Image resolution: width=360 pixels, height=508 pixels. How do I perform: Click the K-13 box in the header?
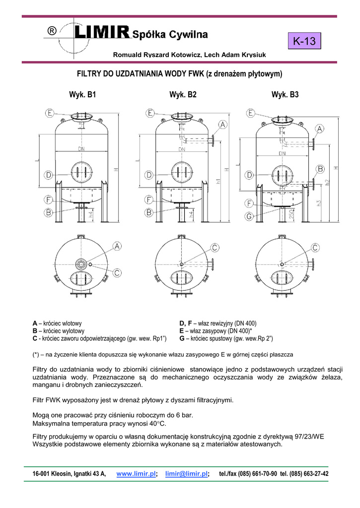pyautogui.click(x=304, y=41)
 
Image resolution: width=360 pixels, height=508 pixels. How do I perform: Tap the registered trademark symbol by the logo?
pyautogui.click(x=52, y=31)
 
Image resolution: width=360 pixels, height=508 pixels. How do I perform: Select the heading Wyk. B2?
pyautogui.click(x=183, y=95)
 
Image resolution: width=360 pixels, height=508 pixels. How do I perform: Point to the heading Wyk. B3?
pyautogui.click(x=285, y=95)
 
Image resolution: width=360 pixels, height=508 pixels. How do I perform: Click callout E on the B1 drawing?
pyautogui.click(x=50, y=113)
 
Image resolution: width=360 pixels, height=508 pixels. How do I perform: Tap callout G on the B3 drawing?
pyautogui.click(x=249, y=216)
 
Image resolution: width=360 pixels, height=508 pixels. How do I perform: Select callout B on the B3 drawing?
pyautogui.click(x=321, y=169)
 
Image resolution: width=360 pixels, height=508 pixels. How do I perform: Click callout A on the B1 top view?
pyautogui.click(x=117, y=246)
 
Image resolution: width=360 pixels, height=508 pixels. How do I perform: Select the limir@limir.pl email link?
pyautogui.click(x=187, y=474)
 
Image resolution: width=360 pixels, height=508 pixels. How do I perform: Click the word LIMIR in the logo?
pyautogui.click(x=102, y=33)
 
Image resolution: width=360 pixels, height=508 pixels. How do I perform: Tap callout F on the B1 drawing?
pyautogui.click(x=49, y=200)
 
